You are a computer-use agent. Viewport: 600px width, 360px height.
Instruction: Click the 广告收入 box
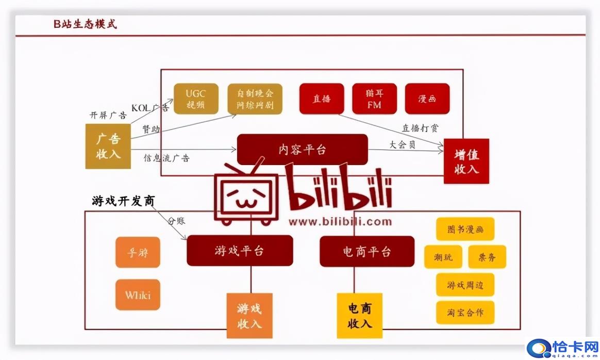108,146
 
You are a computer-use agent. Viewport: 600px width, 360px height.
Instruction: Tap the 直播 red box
321,99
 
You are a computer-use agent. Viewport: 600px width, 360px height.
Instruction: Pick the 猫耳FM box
374,99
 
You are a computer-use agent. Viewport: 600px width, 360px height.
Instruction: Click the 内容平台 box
302,150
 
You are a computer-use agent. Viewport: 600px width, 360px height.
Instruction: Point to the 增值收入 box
466,161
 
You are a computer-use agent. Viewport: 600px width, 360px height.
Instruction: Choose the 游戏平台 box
240,251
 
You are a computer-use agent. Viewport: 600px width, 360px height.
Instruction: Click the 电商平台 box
366,251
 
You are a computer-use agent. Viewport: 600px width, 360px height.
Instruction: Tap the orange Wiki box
138,295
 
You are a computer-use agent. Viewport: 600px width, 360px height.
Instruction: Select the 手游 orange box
138,252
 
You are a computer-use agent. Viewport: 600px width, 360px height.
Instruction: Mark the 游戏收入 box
249,316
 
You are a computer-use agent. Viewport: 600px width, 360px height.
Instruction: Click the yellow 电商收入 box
359,316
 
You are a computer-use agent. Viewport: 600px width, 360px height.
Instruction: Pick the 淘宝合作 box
465,313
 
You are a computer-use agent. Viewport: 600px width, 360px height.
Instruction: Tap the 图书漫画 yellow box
465,229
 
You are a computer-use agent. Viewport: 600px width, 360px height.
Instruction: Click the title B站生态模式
86,24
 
